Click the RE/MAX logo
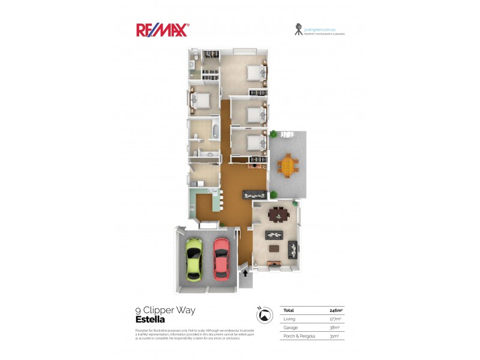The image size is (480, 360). tap(162, 30)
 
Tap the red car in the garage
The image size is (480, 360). tap(221, 259)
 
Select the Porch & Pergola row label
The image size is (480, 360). tap(298, 336)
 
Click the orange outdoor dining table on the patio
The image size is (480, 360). tap(289, 164)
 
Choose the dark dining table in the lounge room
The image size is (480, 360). tap(278, 214)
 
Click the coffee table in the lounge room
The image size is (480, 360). tap(275, 248)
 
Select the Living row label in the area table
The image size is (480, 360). tap(290, 319)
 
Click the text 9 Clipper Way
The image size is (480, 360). tap(166, 310)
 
